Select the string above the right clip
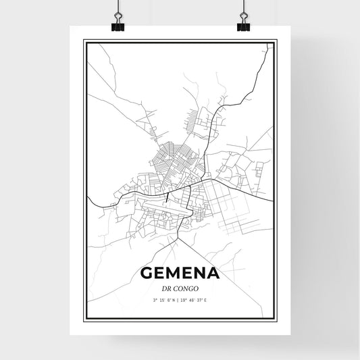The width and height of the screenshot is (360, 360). point(242,8)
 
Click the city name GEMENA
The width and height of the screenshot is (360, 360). point(180,274)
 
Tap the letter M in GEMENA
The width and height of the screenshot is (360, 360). point(176,274)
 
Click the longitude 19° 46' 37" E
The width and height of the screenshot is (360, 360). point(196,301)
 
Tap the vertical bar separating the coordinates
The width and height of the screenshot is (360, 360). point(180,301)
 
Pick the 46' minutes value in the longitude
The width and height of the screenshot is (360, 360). point(196,301)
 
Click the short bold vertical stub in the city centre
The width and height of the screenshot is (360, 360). point(165,197)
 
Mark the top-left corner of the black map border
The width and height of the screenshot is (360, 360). point(84,41)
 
